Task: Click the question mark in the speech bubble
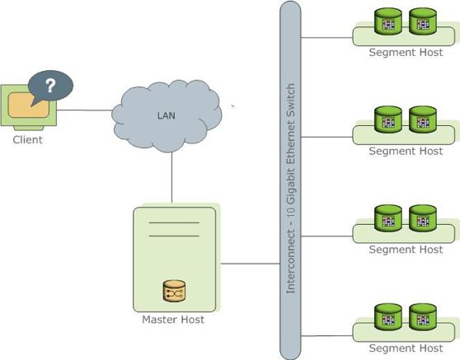pyautogui.click(x=49, y=86)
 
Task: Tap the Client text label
pyautogui.click(x=27, y=140)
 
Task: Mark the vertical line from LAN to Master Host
pyautogui.click(x=171, y=177)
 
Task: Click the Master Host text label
pyautogui.click(x=174, y=320)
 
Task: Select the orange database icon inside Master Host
pyautogui.click(x=174, y=292)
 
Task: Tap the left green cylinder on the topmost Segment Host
pyautogui.click(x=388, y=21)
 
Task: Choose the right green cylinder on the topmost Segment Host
pyautogui.click(x=422, y=21)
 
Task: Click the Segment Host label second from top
pyautogui.click(x=406, y=151)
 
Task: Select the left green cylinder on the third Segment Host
pyautogui.click(x=388, y=218)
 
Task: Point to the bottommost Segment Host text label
pyautogui.click(x=406, y=348)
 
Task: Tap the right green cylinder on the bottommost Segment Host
pyautogui.click(x=422, y=317)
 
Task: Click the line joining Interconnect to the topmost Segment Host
pyautogui.click(x=327, y=36)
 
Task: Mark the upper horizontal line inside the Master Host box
pyautogui.click(x=174, y=222)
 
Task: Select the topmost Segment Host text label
pyautogui.click(x=406, y=52)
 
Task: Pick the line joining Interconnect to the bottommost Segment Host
pyautogui.click(x=327, y=334)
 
